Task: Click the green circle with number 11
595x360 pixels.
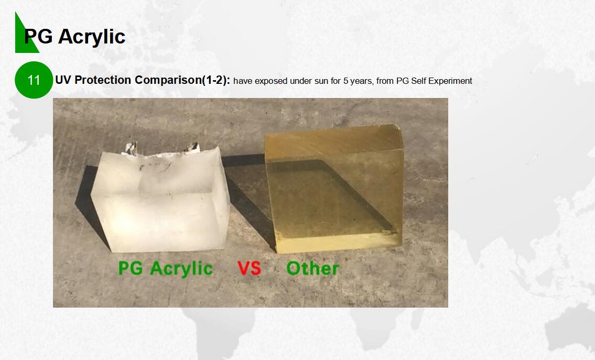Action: pyautogui.click(x=34, y=80)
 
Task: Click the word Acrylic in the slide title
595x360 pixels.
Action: pyautogui.click(x=92, y=37)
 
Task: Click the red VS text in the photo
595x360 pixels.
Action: pyautogui.click(x=250, y=268)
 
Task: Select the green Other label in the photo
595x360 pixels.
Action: pyautogui.click(x=312, y=268)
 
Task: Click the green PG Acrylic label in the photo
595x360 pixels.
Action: pyautogui.click(x=166, y=269)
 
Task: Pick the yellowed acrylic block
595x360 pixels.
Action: pyautogui.click(x=334, y=189)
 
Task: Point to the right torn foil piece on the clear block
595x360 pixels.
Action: pyautogui.click(x=192, y=148)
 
